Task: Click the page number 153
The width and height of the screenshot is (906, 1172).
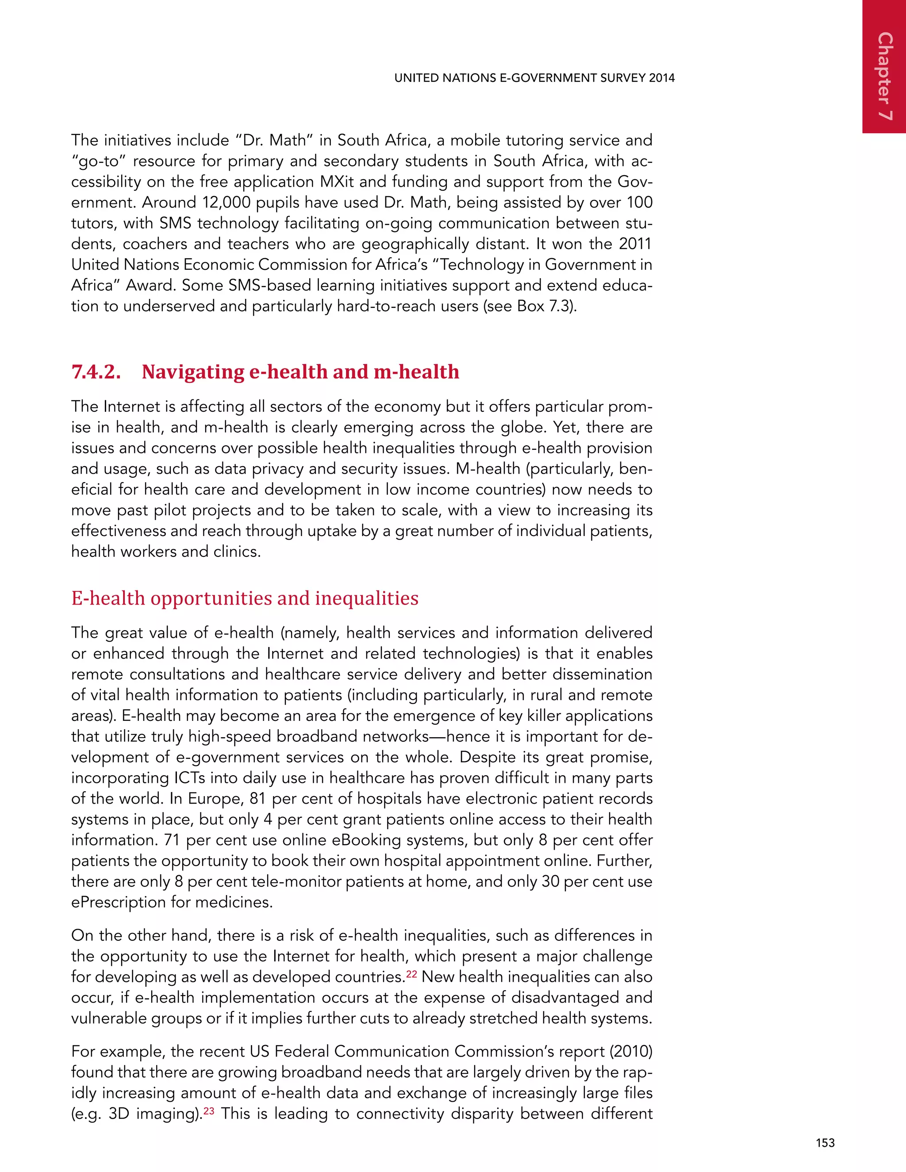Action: (825, 1142)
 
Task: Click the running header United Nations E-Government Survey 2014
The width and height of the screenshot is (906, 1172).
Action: (534, 78)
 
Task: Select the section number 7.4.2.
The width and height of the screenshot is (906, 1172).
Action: (96, 372)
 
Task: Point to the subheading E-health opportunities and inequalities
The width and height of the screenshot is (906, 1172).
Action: (245, 598)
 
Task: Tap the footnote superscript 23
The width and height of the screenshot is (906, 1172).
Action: (208, 1110)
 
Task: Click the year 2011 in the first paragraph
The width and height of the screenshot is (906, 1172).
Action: (635, 244)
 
